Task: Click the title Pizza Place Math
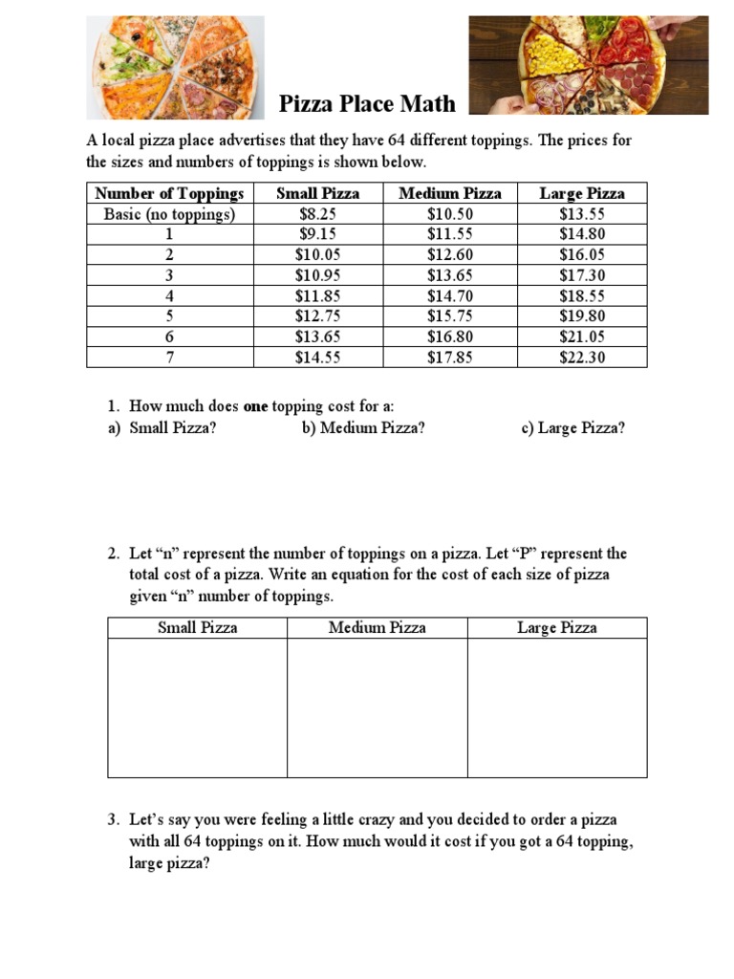[367, 103]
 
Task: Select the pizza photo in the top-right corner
[588, 65]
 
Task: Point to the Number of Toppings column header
[169, 193]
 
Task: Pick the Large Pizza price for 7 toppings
[582, 358]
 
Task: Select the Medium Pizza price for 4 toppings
[450, 295]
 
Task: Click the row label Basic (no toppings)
[169, 214]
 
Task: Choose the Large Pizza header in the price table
[582, 193]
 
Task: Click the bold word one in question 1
[256, 406]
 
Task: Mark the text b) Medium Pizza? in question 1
[363, 427]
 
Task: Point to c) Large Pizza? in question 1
[573, 427]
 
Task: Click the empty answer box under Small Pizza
[197, 707]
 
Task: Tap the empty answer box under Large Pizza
[557, 707]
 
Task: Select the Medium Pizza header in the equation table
[378, 628]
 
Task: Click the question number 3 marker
[113, 820]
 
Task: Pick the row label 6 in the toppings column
[169, 337]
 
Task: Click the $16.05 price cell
[582, 254]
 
